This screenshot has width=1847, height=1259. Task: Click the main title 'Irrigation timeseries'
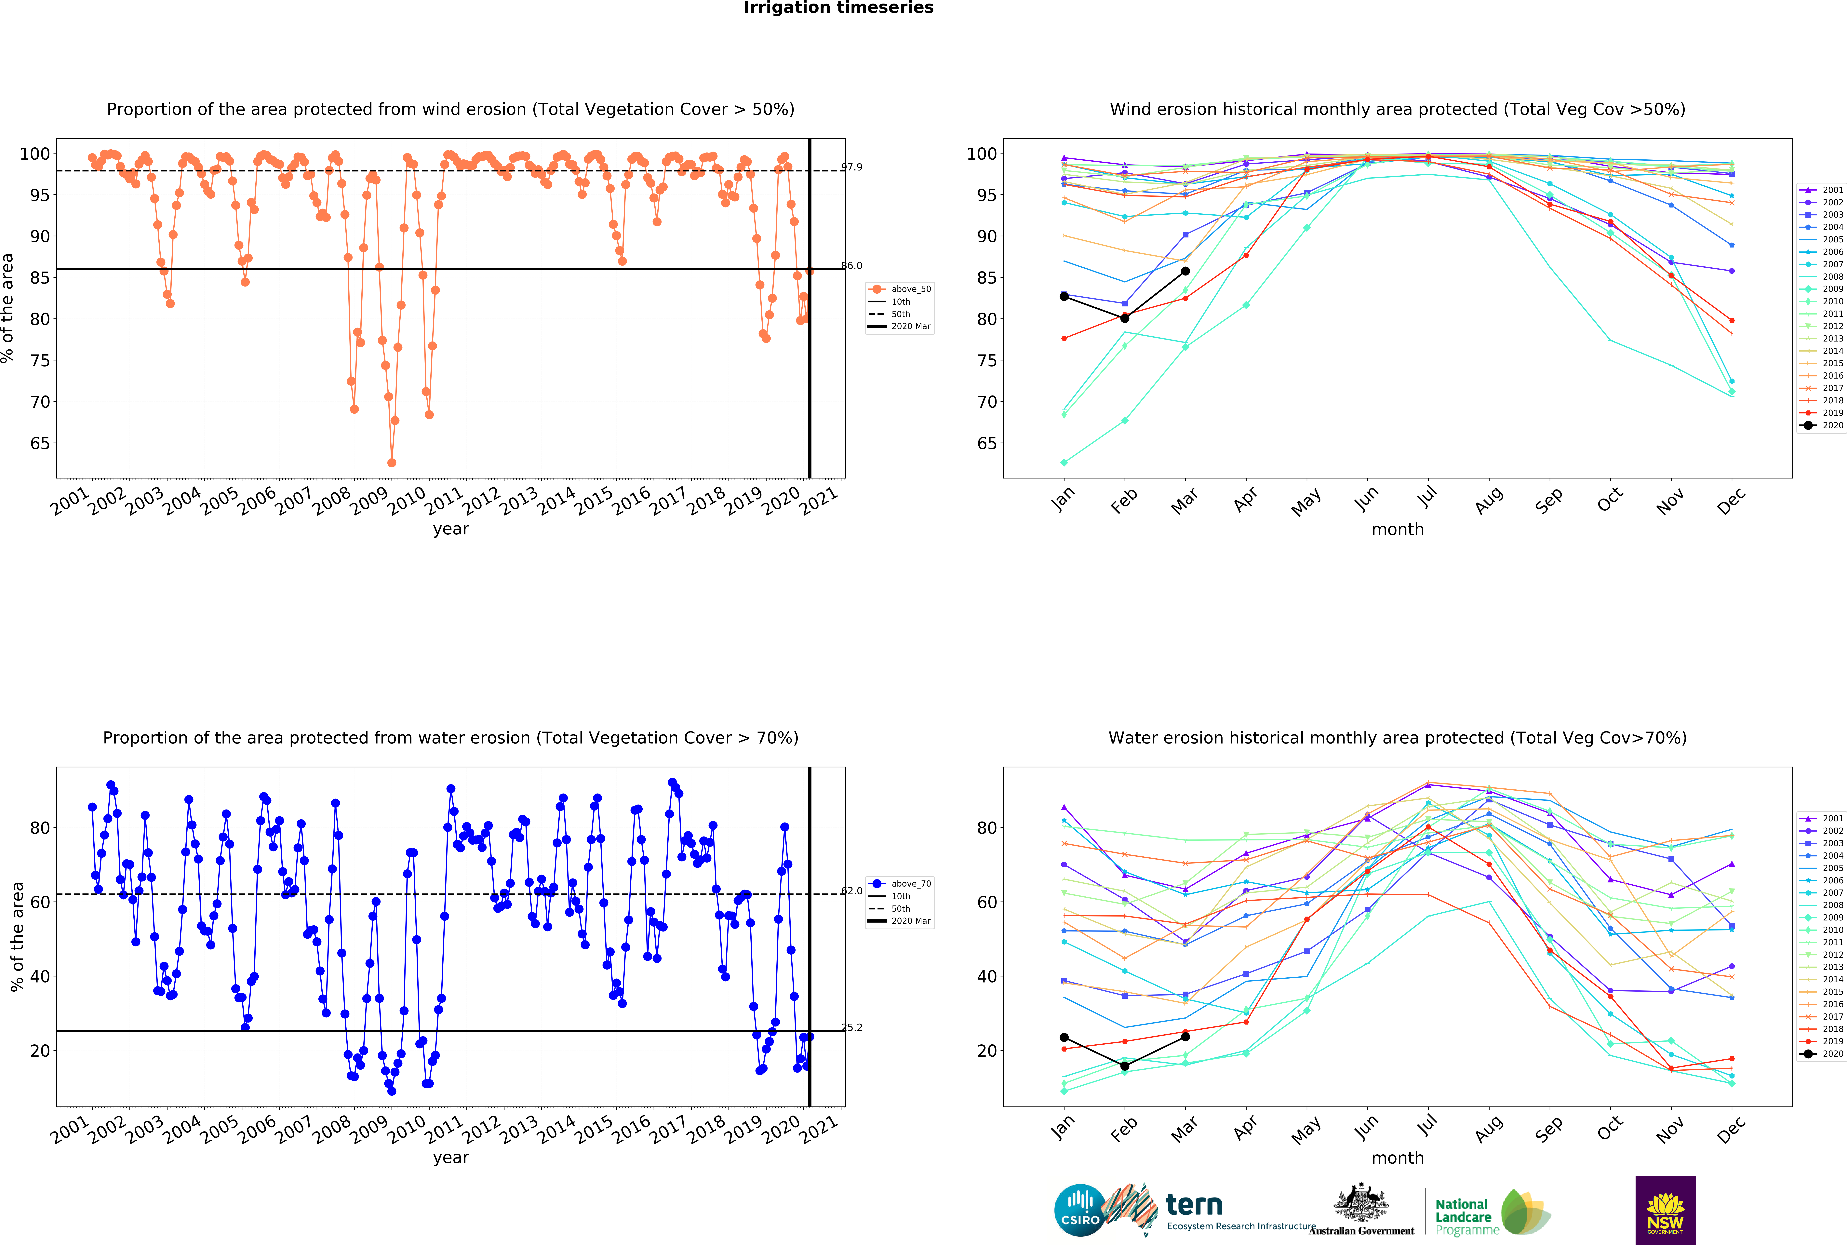click(838, 8)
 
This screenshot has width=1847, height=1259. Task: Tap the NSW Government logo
click(1665, 1210)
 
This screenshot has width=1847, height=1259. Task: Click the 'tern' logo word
click(1194, 1205)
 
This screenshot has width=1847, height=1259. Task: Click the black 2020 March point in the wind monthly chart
click(1185, 271)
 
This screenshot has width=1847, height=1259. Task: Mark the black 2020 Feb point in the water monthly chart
click(1125, 1066)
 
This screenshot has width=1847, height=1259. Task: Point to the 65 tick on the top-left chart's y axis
click(40, 444)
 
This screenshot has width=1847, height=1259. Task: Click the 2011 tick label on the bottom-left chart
click(443, 1129)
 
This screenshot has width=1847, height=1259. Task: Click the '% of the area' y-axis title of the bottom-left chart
click(17, 936)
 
